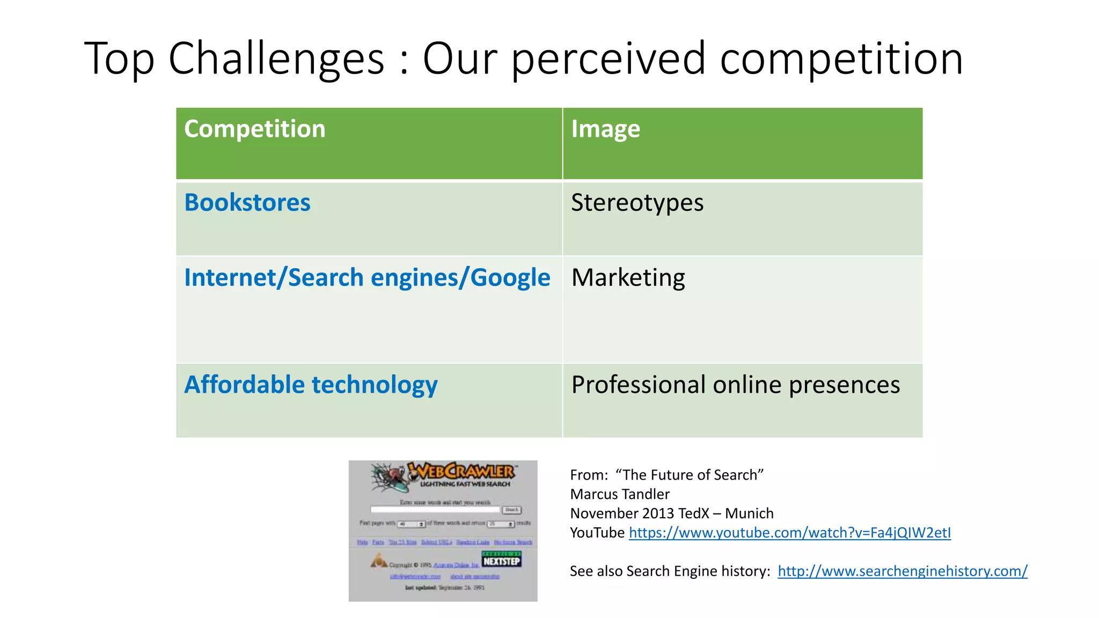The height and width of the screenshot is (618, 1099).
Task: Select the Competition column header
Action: pyautogui.click(x=255, y=129)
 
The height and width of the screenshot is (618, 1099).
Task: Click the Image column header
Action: pyautogui.click(x=605, y=129)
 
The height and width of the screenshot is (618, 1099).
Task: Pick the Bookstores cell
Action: pyautogui.click(x=247, y=203)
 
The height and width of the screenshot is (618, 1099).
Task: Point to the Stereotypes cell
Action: pyautogui.click(x=637, y=203)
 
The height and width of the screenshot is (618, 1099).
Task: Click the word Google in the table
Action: pyautogui.click(x=510, y=277)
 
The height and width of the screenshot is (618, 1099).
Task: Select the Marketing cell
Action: pyautogui.click(x=628, y=277)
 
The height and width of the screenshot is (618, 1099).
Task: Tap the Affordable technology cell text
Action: pyautogui.click(x=311, y=385)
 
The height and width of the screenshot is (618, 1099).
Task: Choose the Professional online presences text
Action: pyautogui.click(x=735, y=385)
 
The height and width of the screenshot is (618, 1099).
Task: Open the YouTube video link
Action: pyautogui.click(x=789, y=533)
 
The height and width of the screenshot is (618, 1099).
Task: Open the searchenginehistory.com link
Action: pyautogui.click(x=903, y=571)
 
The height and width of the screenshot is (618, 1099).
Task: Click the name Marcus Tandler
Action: pyautogui.click(x=620, y=494)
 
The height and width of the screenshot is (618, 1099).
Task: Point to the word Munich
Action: pyautogui.click(x=749, y=513)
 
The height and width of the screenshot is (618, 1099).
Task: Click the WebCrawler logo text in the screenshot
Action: pyautogui.click(x=461, y=471)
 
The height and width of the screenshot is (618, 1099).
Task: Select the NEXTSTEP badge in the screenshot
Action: pyautogui.click(x=501, y=560)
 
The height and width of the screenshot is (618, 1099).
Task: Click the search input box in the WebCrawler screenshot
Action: pyautogui.click(x=436, y=510)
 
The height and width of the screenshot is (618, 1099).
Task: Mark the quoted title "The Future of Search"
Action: pyautogui.click(x=690, y=475)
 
